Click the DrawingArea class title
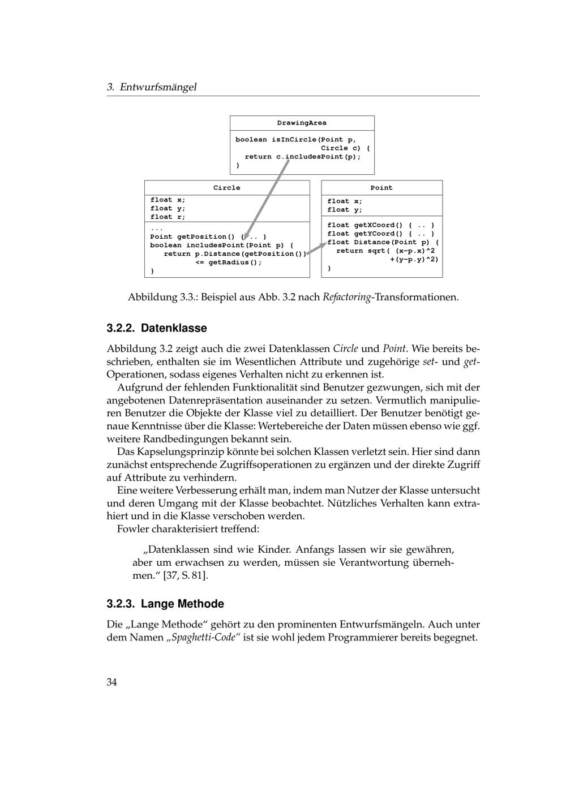302,123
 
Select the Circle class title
226,188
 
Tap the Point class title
381,188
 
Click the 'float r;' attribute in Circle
168,217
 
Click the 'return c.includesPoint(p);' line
302,157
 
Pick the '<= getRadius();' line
229,263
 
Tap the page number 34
112,682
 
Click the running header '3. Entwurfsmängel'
152,87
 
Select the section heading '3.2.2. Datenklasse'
157,328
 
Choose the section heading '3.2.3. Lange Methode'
165,604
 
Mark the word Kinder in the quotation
274,550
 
